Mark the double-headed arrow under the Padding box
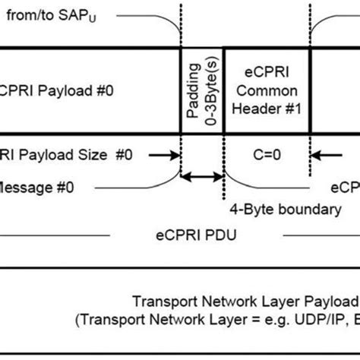click(202, 177)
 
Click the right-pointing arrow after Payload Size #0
click(168, 156)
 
